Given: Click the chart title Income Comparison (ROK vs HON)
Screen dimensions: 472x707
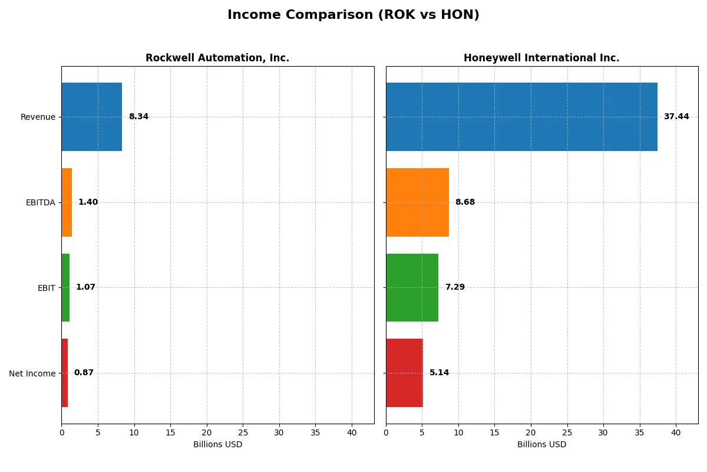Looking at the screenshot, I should (x=353, y=15).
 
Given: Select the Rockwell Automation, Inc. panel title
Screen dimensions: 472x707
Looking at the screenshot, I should (x=217, y=58).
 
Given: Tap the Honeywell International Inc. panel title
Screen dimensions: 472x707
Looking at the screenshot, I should (x=541, y=58).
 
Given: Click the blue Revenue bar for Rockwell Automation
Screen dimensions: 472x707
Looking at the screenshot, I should (x=92, y=117).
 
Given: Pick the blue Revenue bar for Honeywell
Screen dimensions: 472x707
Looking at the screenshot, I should (x=521, y=117).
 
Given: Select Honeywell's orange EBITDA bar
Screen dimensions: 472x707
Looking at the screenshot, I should (x=417, y=202).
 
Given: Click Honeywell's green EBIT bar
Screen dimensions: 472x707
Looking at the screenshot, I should (x=412, y=287).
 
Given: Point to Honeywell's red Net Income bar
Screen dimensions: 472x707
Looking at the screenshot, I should (x=404, y=373).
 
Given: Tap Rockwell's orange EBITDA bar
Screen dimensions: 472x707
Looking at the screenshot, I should (x=67, y=202).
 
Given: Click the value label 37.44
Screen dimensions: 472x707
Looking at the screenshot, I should (x=676, y=117).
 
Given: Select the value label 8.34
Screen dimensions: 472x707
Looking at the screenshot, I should (x=138, y=117).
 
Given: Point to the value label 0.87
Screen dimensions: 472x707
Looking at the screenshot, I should (x=84, y=373).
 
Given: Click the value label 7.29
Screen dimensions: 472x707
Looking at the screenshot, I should (x=455, y=287).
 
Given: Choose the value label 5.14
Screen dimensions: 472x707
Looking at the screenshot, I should (x=439, y=373).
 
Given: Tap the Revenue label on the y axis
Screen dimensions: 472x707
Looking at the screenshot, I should (x=38, y=117).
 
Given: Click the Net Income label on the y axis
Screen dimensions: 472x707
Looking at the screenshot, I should (x=32, y=373).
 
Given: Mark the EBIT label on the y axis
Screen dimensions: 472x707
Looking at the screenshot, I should (x=47, y=288).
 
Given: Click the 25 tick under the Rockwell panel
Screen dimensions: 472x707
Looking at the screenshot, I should (x=243, y=432).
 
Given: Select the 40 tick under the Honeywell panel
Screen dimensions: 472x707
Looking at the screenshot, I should (x=676, y=432).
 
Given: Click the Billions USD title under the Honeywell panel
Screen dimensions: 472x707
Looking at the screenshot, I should (x=541, y=445).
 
